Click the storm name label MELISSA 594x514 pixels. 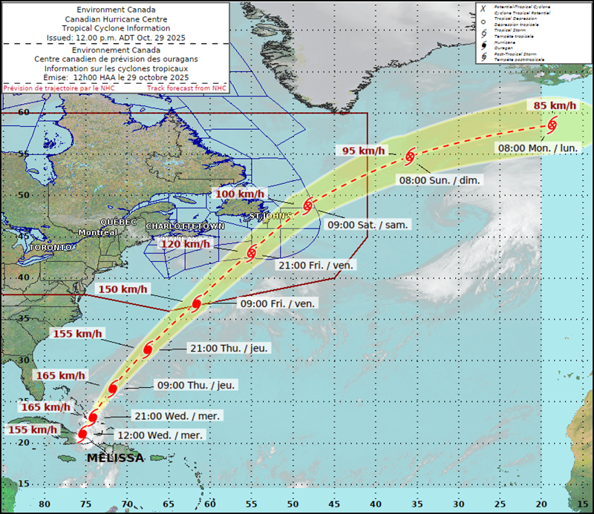(x=115, y=458)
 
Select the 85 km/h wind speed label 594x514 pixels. (x=555, y=105)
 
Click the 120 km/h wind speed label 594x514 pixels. (x=186, y=243)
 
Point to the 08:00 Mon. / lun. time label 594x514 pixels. (x=538, y=148)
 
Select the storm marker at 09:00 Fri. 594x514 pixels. (x=197, y=303)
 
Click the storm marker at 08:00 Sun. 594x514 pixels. (x=410, y=156)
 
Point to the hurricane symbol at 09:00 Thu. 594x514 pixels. (x=113, y=389)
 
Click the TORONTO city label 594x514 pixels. (x=50, y=246)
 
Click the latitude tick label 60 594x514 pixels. (x=23, y=112)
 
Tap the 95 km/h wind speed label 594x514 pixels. (x=364, y=151)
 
